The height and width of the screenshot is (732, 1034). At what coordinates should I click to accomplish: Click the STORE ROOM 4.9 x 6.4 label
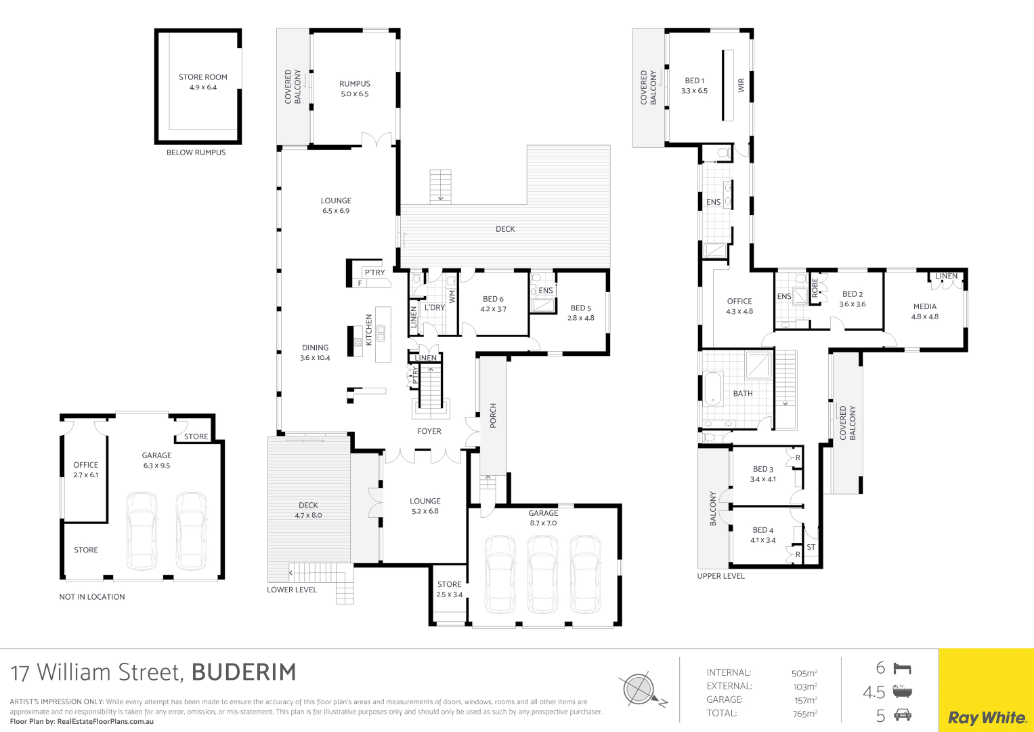203,82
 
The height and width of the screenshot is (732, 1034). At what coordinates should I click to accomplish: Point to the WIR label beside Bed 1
741,85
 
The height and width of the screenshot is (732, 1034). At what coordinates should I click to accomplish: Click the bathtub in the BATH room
713,388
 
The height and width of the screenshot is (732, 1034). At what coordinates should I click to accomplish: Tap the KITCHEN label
369,329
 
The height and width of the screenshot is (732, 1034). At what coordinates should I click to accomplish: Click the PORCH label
493,415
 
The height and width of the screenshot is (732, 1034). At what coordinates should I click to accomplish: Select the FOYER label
429,431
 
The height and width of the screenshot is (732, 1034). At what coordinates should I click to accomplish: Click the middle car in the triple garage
543,574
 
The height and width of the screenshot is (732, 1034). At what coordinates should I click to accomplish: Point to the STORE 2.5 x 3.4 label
449,589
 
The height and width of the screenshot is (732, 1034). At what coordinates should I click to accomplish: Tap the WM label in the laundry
452,296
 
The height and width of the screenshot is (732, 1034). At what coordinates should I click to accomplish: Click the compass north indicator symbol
642,689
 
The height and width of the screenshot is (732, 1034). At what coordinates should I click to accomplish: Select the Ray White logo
987,718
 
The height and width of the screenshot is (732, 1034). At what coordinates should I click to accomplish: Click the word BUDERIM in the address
244,672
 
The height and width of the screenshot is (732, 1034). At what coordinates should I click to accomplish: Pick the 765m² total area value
805,714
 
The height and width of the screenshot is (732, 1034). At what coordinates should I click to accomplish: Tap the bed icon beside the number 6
903,668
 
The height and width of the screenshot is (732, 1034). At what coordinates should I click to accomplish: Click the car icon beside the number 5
903,715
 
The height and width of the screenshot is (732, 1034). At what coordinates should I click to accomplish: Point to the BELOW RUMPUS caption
196,152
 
